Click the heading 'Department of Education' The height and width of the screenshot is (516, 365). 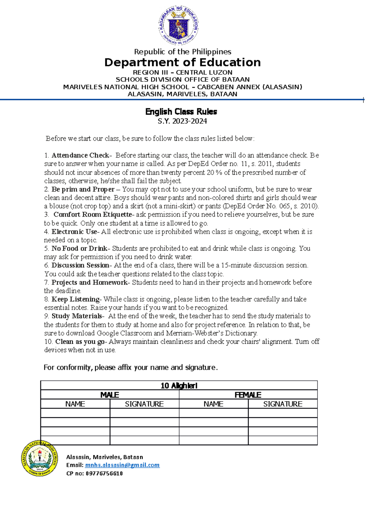coord(182,62)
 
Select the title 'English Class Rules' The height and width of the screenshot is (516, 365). coord(181,112)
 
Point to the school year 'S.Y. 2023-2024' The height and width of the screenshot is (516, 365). coord(182,121)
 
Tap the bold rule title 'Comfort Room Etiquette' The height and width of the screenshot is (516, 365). coord(92,215)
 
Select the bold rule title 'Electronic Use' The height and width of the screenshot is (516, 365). coord(74,232)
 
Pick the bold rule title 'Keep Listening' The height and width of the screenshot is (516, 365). coord(75,299)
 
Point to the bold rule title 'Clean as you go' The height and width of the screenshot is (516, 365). coord(80,342)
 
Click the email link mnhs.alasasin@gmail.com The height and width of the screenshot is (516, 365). coord(122,465)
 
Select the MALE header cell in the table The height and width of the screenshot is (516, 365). coord(110,395)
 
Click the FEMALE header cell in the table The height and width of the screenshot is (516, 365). coord(248,395)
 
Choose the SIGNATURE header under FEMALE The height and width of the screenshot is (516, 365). coord(283,404)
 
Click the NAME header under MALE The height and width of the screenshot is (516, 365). coord(75,404)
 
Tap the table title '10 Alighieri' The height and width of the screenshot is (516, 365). coord(179,386)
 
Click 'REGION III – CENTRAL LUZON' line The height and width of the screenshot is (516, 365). coord(182,73)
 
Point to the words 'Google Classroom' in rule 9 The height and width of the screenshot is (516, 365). coord(120,333)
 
